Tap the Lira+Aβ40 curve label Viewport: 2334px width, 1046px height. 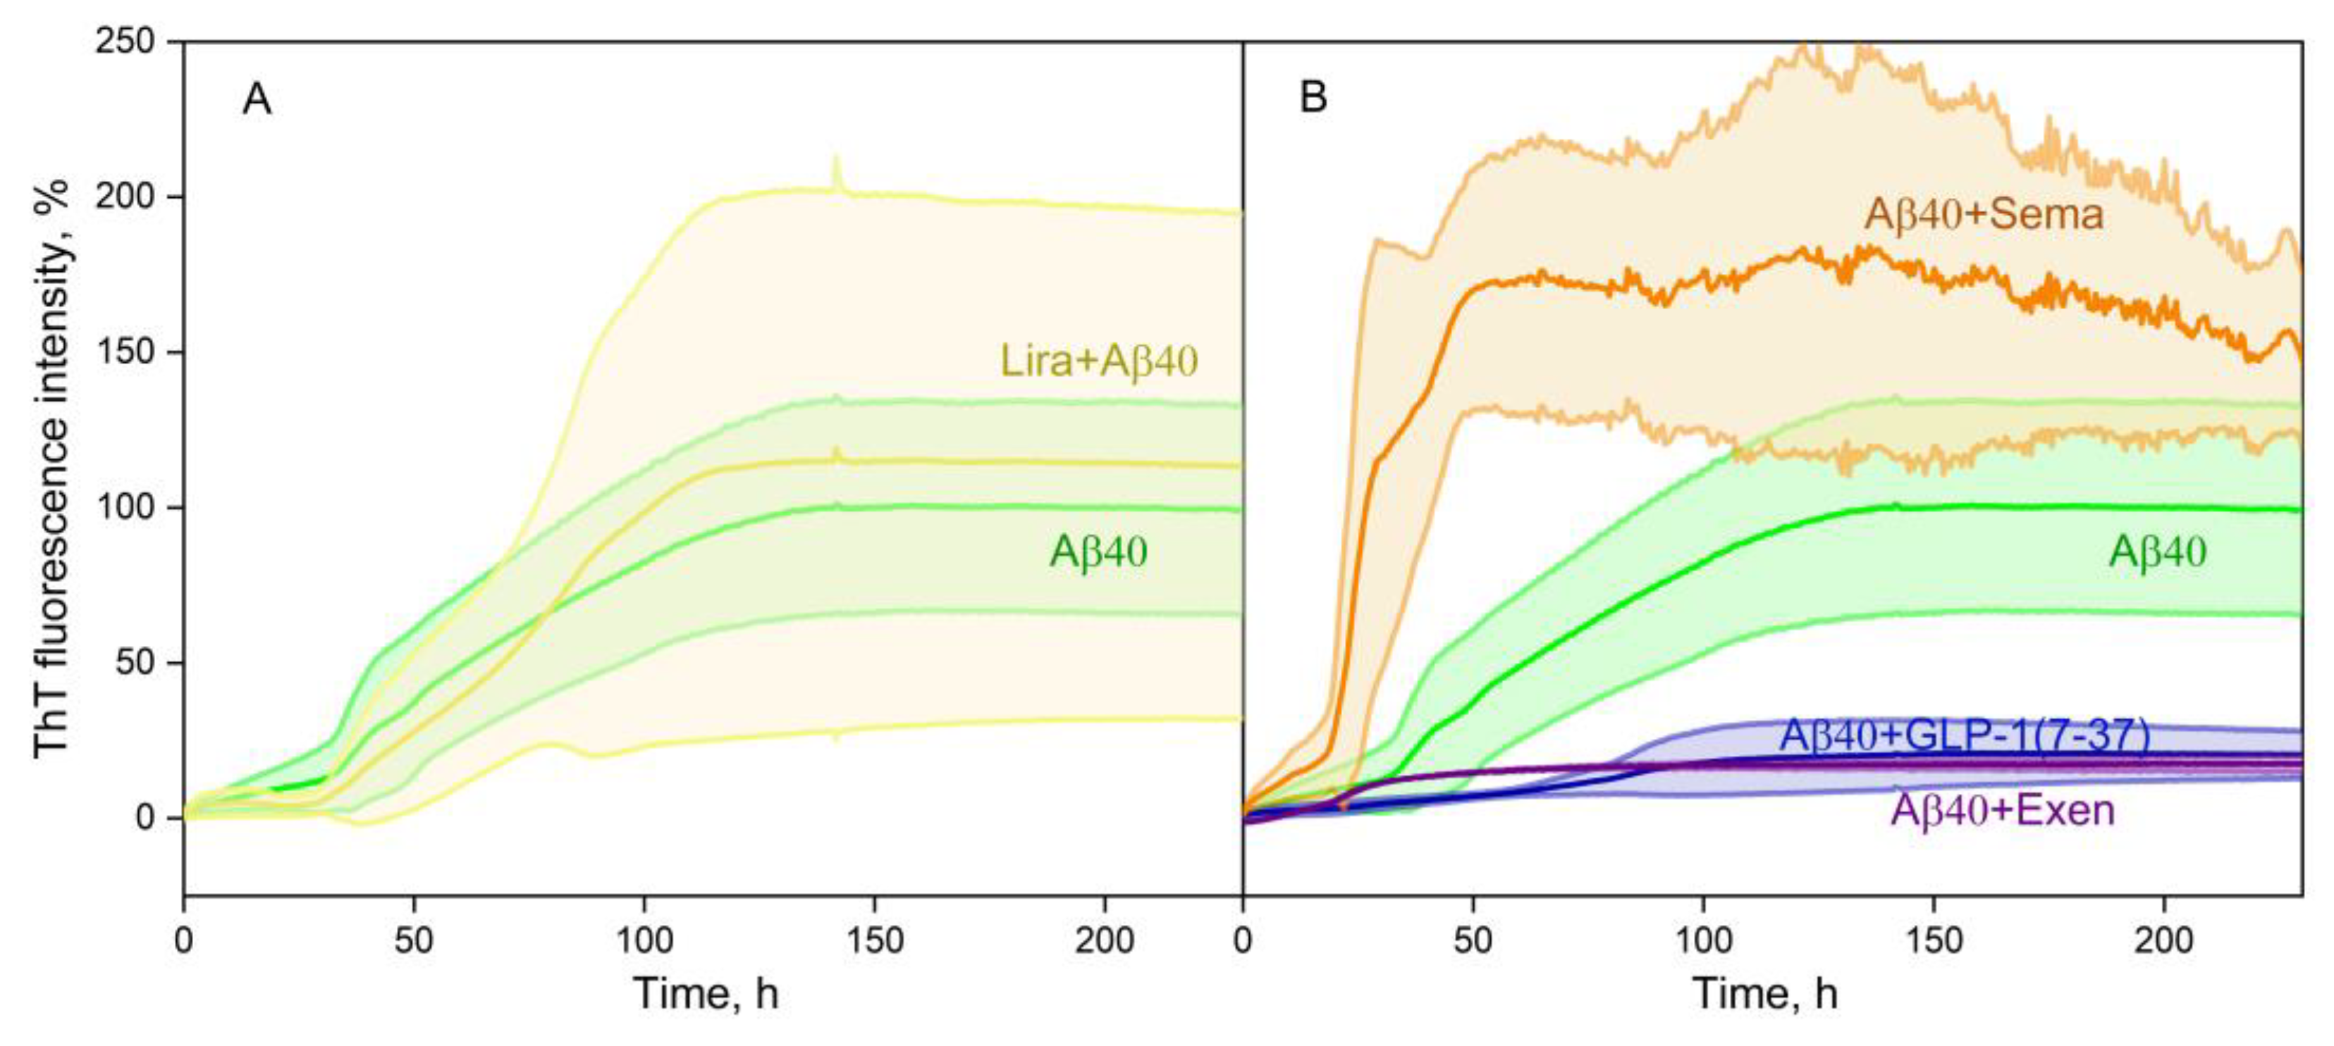[x=1098, y=361]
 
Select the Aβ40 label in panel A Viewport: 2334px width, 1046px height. [x=1098, y=551]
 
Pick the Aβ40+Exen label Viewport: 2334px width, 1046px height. [x=2001, y=809]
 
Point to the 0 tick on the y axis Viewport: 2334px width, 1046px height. [x=145, y=818]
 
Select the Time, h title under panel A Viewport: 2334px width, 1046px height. [x=706, y=993]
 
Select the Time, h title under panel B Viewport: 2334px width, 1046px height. [x=1764, y=993]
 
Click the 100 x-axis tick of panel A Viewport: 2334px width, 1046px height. [x=644, y=940]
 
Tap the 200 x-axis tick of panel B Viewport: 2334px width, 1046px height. [x=2163, y=940]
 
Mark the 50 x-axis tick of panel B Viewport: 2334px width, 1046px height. [x=1473, y=940]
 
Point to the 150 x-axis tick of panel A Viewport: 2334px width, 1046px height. [x=874, y=940]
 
